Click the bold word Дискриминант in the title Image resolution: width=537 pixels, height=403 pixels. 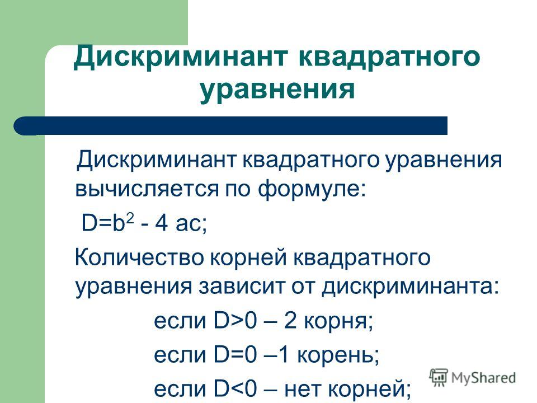[x=181, y=57]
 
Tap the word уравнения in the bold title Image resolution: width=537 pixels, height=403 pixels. [x=277, y=90]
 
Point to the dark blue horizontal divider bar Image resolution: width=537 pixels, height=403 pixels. [x=230, y=125]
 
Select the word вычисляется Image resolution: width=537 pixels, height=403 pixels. [x=147, y=189]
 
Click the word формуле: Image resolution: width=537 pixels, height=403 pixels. [x=312, y=189]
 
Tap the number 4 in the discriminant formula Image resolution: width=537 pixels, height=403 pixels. [x=161, y=223]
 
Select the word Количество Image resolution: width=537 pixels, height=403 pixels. [x=139, y=257]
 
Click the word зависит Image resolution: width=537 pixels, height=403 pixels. [x=242, y=287]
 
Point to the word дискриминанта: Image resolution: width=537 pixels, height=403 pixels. [x=411, y=287]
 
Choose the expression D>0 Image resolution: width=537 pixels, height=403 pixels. [x=235, y=321]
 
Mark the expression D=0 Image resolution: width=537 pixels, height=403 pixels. [x=235, y=355]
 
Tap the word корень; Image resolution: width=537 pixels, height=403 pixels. [x=338, y=355]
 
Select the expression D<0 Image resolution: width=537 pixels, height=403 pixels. [x=235, y=389]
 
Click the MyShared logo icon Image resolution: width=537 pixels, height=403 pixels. [x=439, y=378]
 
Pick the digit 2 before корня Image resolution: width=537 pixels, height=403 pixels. [x=290, y=321]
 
